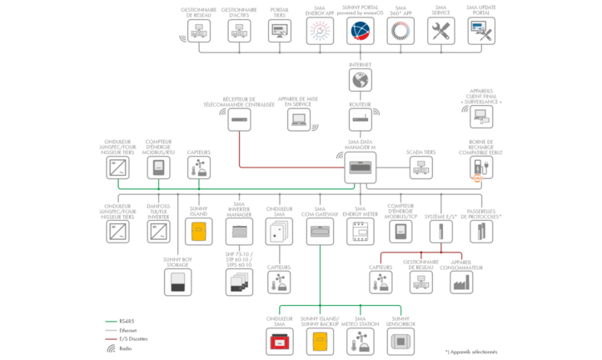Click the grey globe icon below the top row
pyautogui.click(x=361, y=81)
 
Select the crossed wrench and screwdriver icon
pyautogui.click(x=440, y=32)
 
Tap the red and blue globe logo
pyautogui.click(x=361, y=32)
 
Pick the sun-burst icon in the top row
pyautogui.click(x=320, y=32)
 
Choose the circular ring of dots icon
pyautogui.click(x=401, y=32)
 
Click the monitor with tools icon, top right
pyautogui.click(x=480, y=32)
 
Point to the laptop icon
pyautogui.click(x=300, y=120)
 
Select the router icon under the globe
pyautogui.click(x=361, y=120)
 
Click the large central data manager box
pyautogui.click(x=361, y=167)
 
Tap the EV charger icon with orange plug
pyautogui.click(x=480, y=167)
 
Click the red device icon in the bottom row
pyautogui.click(x=280, y=340)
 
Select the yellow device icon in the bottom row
pyautogui.click(x=320, y=340)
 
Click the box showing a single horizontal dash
pyautogui.click(x=240, y=120)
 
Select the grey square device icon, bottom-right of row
pyautogui.click(x=401, y=340)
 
